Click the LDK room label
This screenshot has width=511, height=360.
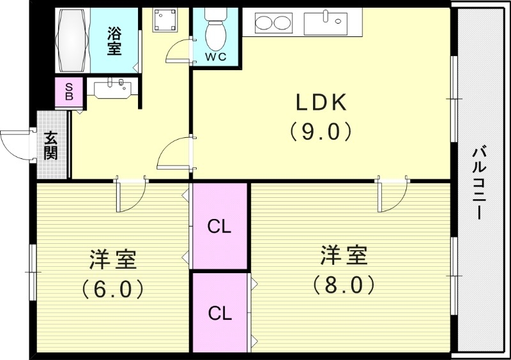(320, 103)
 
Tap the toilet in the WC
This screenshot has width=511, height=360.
(215, 29)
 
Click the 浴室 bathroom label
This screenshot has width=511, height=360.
(114, 40)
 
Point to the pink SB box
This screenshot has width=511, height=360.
(69, 91)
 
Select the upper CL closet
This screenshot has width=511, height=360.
(219, 226)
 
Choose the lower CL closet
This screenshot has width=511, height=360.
(219, 313)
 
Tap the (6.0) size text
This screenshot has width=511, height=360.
(112, 290)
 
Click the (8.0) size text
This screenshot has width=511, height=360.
(344, 284)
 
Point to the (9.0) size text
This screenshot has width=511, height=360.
(320, 131)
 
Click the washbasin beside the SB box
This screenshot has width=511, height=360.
(114, 87)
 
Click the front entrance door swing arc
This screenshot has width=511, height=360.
(14, 144)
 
